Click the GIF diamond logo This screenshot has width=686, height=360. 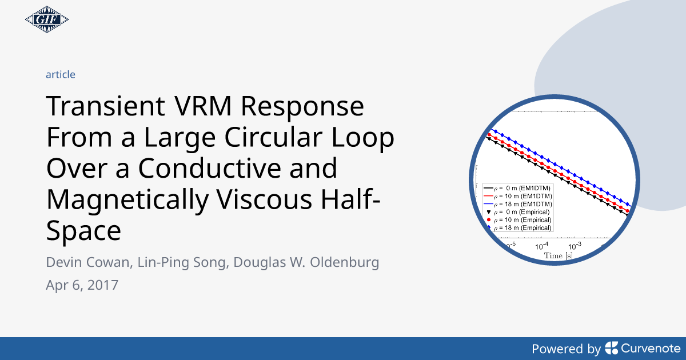47,21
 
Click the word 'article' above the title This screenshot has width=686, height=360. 60,74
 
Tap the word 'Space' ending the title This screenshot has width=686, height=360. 83,232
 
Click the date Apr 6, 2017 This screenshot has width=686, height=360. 82,285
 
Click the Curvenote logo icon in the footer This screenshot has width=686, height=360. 611,348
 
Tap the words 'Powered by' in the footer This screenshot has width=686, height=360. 566,349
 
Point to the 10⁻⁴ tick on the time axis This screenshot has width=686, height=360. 540,246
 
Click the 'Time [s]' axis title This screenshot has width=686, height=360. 557,256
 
